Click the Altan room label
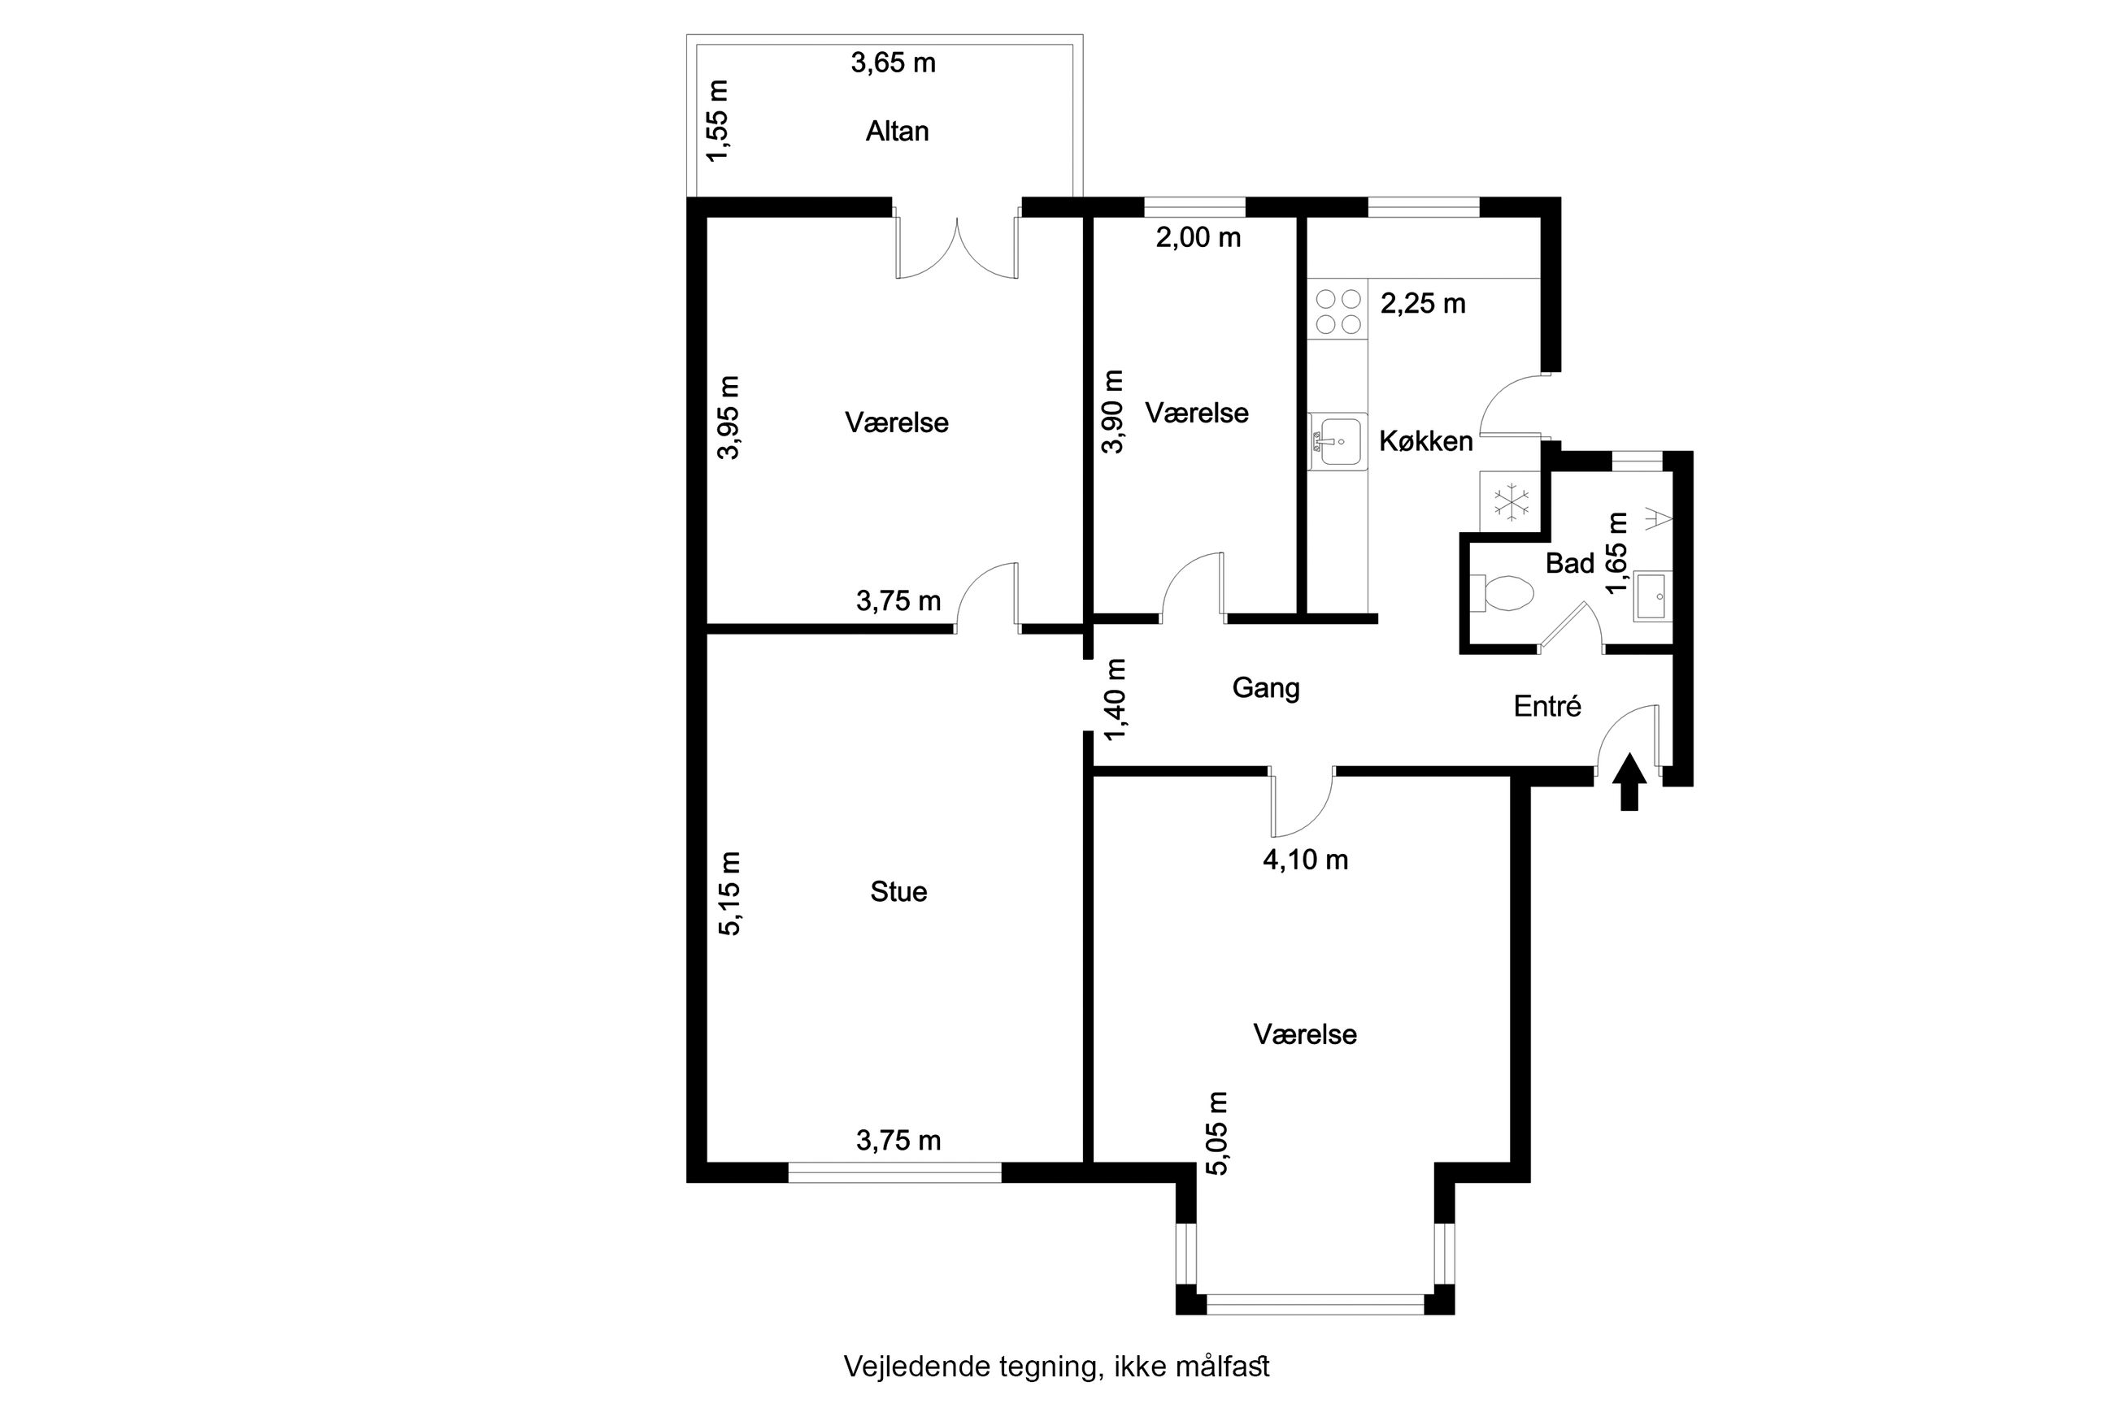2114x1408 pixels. click(896, 131)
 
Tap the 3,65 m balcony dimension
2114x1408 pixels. click(892, 63)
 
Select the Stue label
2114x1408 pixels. click(898, 891)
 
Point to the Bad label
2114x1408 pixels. click(1568, 563)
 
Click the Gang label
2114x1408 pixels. click(1265, 689)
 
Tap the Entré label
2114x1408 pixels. click(1546, 706)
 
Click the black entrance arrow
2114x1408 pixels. click(1629, 782)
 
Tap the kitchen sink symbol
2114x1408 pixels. click(1338, 441)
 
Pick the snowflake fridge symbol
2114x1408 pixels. click(1512, 501)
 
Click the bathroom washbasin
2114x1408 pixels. click(1653, 596)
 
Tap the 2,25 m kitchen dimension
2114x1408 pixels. click(1422, 304)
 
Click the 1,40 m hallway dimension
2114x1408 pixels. click(1114, 700)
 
